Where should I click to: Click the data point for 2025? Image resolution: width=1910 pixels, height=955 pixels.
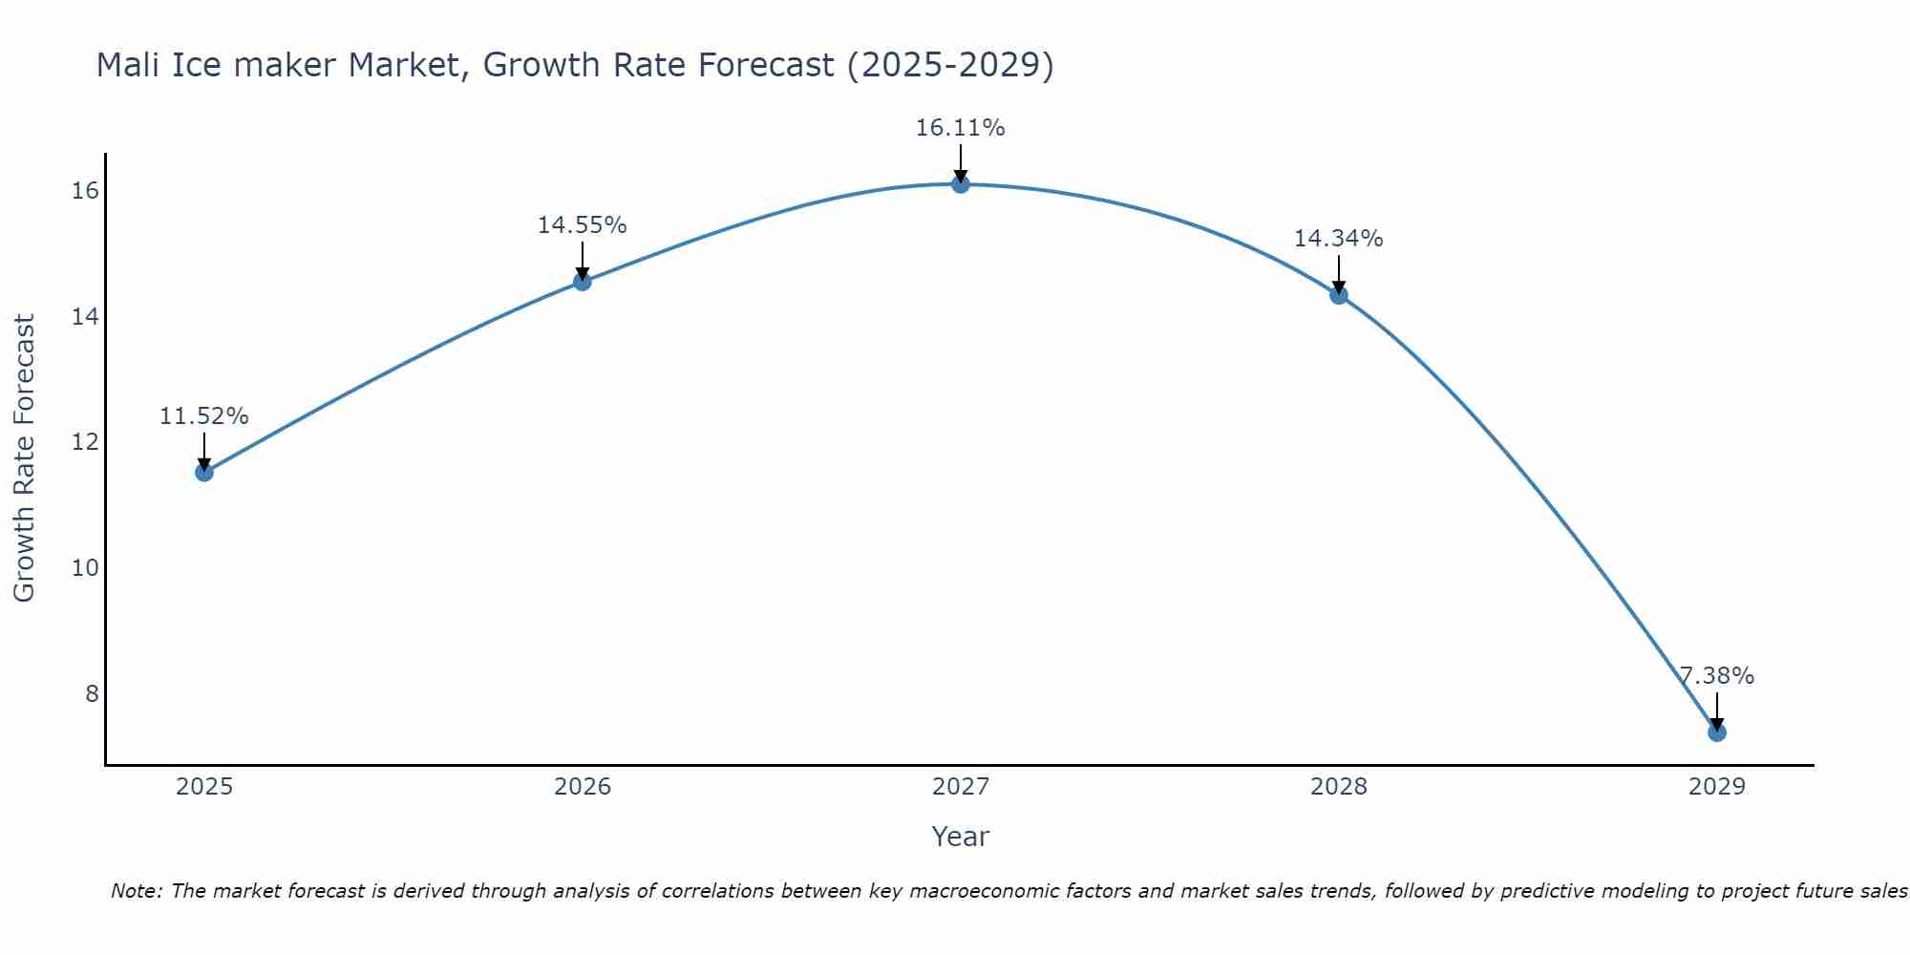203,472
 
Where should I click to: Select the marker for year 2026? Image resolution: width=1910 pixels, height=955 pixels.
582,281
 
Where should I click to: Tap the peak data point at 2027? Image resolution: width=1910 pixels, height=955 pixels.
960,183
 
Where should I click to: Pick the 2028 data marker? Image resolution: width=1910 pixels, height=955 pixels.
1338,294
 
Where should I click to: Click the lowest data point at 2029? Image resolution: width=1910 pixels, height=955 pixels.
1716,732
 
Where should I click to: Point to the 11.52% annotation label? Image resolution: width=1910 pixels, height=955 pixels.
203,416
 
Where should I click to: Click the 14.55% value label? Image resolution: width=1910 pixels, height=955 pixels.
582,225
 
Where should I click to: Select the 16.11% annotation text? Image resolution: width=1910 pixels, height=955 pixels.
960,128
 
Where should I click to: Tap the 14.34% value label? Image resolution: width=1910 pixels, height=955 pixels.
1338,239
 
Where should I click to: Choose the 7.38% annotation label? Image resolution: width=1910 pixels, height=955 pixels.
1716,676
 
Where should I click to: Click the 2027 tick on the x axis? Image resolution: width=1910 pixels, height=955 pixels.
960,787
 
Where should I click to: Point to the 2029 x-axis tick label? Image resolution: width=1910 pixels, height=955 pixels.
1716,787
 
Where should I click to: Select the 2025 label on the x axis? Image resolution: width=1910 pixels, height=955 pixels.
204,787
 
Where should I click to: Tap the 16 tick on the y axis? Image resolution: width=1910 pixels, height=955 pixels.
85,191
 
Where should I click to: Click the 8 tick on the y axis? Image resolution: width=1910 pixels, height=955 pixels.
92,693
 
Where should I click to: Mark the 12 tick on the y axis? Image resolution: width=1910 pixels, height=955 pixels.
85,442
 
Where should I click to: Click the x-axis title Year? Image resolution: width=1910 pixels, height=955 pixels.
960,837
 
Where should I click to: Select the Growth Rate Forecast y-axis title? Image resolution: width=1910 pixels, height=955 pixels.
24,458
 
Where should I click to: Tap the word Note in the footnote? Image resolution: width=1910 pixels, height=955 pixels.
137,891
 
